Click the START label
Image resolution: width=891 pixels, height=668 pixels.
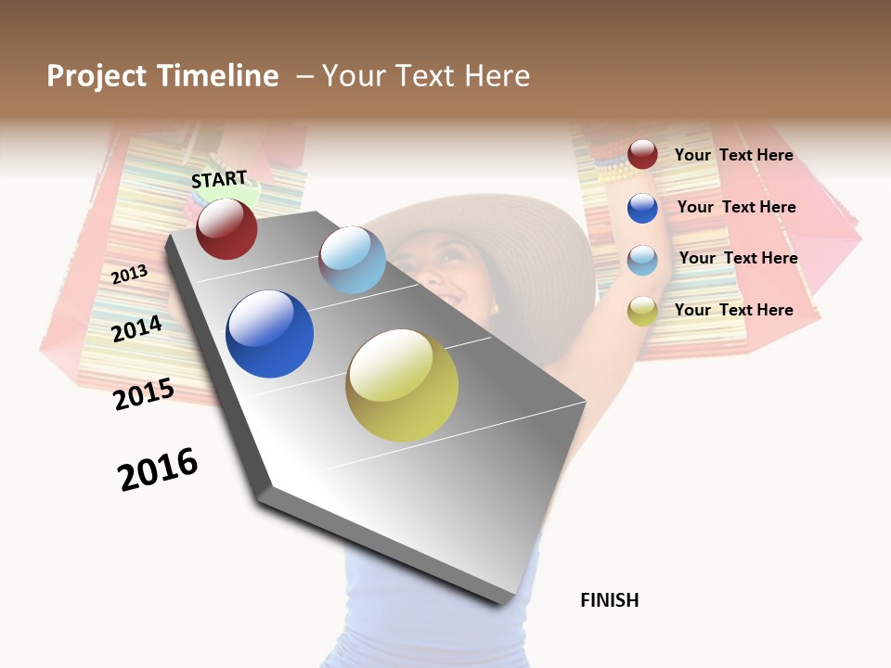click(219, 179)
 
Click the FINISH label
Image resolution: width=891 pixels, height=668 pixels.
click(610, 600)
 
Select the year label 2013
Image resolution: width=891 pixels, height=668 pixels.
click(129, 274)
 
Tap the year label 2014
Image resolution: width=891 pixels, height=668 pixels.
click(137, 328)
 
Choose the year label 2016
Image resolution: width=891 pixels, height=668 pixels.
click(158, 469)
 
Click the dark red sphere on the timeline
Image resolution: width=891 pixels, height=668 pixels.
click(226, 228)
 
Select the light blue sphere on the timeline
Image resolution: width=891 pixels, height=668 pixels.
click(352, 260)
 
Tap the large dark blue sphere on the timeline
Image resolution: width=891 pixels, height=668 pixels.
click(269, 334)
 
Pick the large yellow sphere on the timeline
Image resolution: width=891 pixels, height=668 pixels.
click(402, 385)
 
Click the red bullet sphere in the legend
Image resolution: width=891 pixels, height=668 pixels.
click(642, 154)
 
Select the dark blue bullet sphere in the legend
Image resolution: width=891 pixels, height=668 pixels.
click(642, 207)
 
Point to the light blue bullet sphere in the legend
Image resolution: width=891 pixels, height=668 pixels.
click(642, 259)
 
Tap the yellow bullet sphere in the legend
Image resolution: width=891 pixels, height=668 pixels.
click(642, 311)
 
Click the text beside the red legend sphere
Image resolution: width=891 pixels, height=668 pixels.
click(733, 155)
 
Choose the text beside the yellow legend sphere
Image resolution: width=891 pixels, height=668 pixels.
click(733, 310)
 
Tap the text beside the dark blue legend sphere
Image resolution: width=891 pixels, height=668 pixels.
click(736, 207)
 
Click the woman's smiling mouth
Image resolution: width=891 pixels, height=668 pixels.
click(454, 297)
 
